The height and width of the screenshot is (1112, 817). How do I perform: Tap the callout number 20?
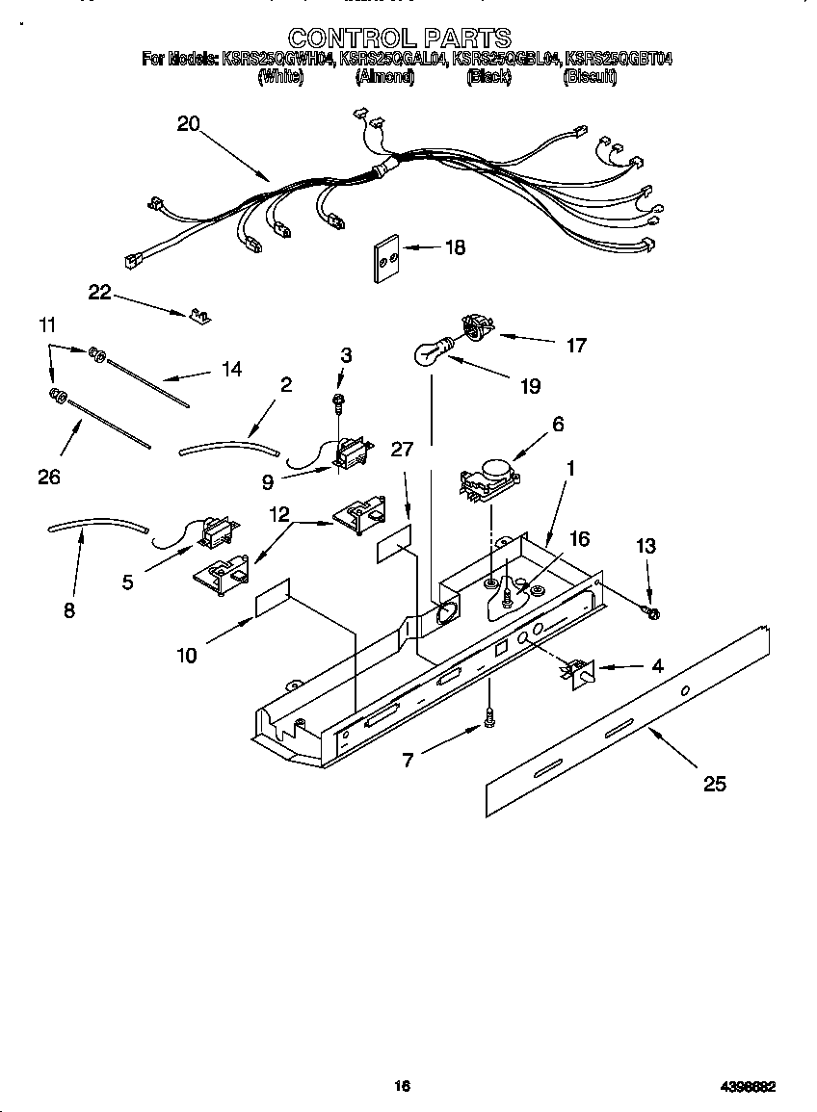pyautogui.click(x=188, y=123)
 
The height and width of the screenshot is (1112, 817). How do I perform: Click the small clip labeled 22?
pyautogui.click(x=201, y=316)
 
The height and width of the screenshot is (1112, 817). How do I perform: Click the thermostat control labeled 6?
pyautogui.click(x=489, y=481)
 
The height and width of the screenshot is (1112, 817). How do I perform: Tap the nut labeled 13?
pyautogui.click(x=652, y=612)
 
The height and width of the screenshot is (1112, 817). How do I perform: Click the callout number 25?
pyautogui.click(x=714, y=784)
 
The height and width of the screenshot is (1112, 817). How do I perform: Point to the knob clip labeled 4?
pyautogui.click(x=577, y=672)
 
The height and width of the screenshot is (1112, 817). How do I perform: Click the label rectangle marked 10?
pyautogui.click(x=273, y=598)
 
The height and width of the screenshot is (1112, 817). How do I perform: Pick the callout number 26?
pyautogui.click(x=48, y=476)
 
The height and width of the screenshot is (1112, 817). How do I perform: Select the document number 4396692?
pyautogui.click(x=748, y=1086)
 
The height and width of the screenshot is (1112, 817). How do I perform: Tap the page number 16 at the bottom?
pyautogui.click(x=402, y=1086)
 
